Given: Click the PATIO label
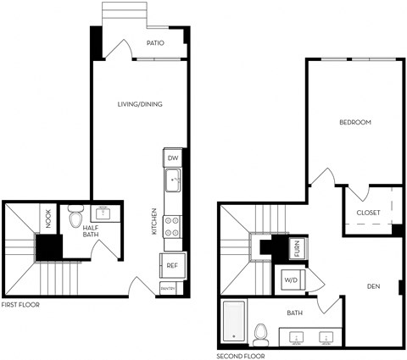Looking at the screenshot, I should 155,43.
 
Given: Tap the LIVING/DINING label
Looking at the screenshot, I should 140,104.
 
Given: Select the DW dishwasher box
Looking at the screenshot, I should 172,158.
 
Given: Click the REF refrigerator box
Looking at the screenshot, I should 172,265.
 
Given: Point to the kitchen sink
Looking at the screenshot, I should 172,180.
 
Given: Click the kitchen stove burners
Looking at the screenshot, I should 172,226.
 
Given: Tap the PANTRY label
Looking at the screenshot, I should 168,289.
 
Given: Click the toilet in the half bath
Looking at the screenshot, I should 75,218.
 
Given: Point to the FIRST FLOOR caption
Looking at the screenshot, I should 20,304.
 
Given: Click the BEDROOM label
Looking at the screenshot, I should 354,122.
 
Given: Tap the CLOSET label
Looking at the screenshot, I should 368,213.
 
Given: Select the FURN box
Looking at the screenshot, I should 297,248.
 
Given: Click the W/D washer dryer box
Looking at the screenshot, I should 289,279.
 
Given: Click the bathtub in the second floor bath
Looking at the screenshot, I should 233,323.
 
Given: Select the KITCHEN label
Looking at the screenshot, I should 154,222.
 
